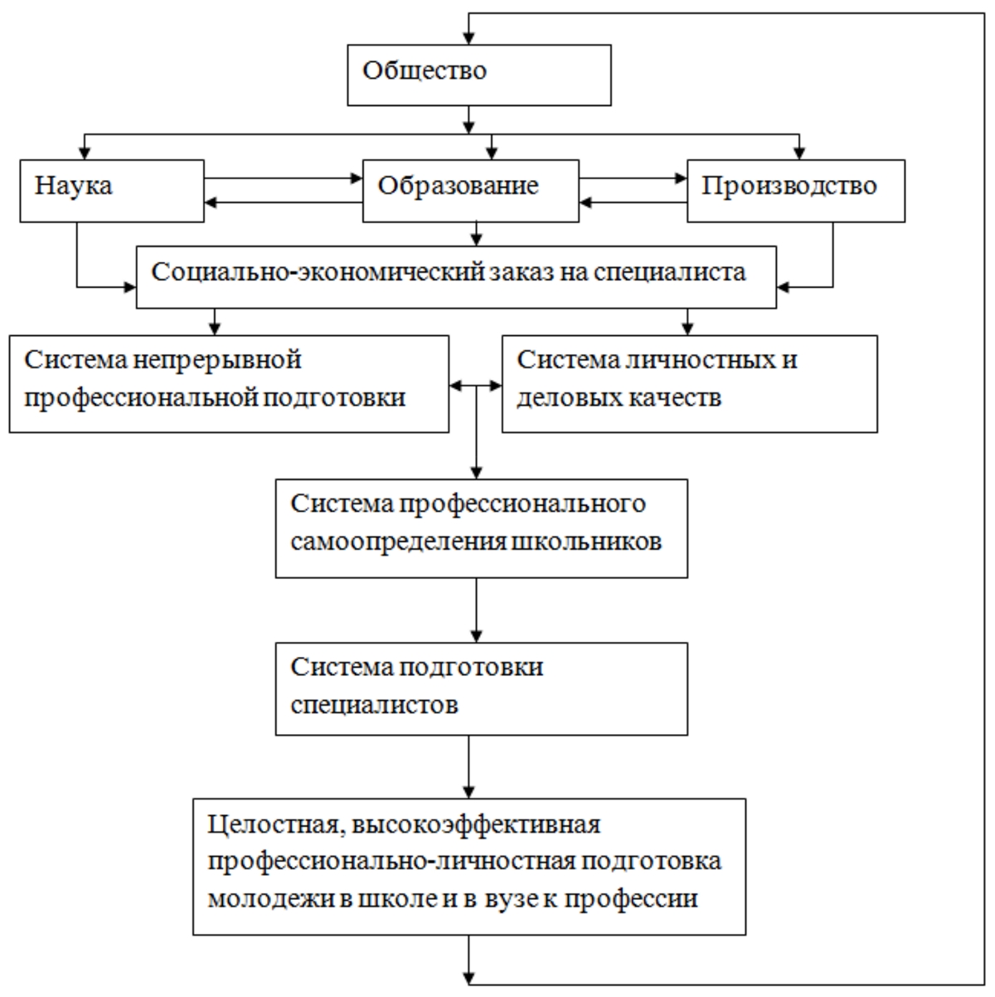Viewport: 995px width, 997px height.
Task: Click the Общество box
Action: pyautogui.click(x=478, y=75)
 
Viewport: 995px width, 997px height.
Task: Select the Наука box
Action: pyautogui.click(x=111, y=191)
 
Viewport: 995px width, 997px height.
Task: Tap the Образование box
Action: pyautogui.click(x=470, y=191)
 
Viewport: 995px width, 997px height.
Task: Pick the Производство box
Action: pyautogui.click(x=795, y=191)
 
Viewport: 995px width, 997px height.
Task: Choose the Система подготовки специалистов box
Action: pyautogui.click(x=481, y=688)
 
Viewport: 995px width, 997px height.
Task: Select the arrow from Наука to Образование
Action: pyautogui.click(x=282, y=178)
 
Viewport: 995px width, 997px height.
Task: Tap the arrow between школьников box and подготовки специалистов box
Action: pyautogui.click(x=476, y=610)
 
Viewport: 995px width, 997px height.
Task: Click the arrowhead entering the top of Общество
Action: pyautogui.click(x=469, y=38)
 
